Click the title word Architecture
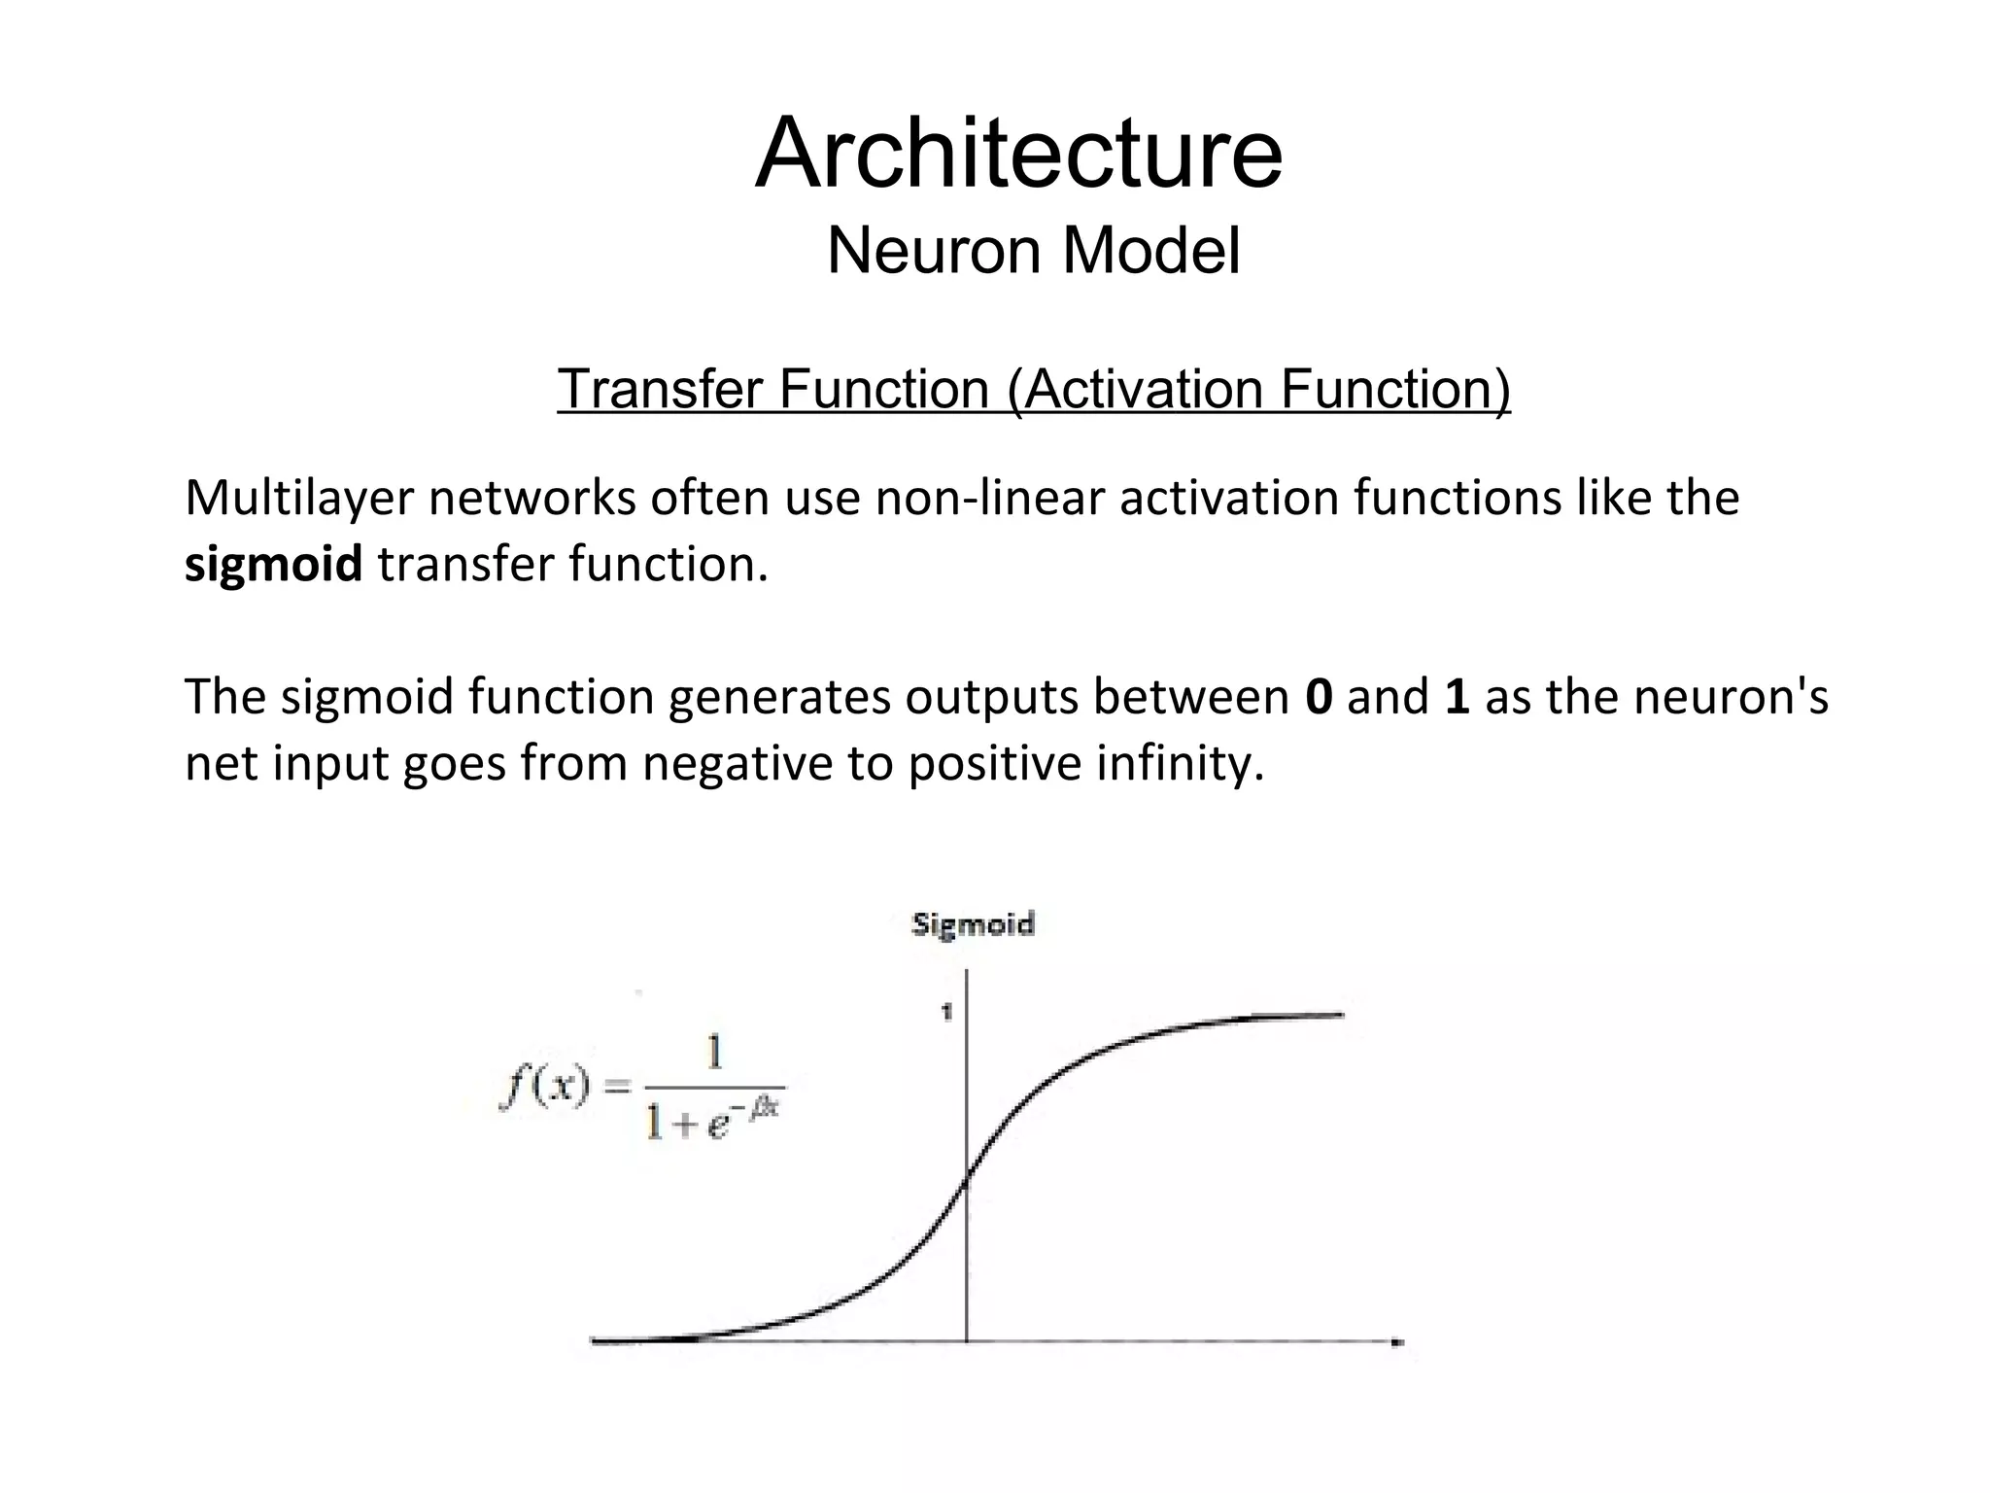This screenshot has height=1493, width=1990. click(x=1018, y=155)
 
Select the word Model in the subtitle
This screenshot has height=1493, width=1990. click(x=1150, y=251)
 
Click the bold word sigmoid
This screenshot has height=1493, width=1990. click(x=273, y=565)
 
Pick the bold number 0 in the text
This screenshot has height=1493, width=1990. click(x=1319, y=697)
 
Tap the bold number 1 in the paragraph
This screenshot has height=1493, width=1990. click(x=1457, y=697)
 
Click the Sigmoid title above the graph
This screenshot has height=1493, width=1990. click(x=973, y=923)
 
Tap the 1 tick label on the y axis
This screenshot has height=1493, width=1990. click(x=946, y=1013)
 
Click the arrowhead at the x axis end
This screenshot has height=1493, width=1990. click(x=1397, y=1342)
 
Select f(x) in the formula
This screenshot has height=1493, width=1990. click(x=545, y=1086)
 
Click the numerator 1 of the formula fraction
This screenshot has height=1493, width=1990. click(x=714, y=1053)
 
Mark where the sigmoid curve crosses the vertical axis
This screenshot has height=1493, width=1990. click(x=966, y=1182)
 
